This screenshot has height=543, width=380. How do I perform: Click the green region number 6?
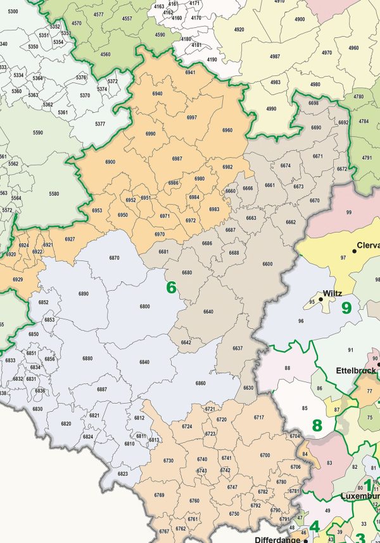(x=170, y=287)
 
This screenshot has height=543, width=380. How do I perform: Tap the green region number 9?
(x=346, y=308)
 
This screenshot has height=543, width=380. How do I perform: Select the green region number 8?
(x=317, y=425)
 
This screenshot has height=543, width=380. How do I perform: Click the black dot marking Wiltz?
(x=321, y=299)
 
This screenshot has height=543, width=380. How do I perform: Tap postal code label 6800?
(x=145, y=307)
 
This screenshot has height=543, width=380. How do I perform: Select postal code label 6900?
(x=110, y=162)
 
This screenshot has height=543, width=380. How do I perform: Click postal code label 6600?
(x=267, y=264)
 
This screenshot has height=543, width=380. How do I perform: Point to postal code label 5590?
(x=38, y=133)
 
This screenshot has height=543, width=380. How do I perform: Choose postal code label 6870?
(x=114, y=258)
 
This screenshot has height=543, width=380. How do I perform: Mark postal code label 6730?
(x=168, y=460)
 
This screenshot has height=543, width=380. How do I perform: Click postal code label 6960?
(x=227, y=131)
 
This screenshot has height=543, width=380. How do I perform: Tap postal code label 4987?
(x=275, y=57)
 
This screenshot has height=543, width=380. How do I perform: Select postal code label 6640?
(x=208, y=312)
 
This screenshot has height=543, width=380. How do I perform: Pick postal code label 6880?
(x=87, y=359)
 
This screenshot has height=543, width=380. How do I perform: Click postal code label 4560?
(x=105, y=54)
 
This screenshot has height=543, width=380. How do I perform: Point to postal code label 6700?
(x=265, y=455)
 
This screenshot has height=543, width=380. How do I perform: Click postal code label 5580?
(x=53, y=194)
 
